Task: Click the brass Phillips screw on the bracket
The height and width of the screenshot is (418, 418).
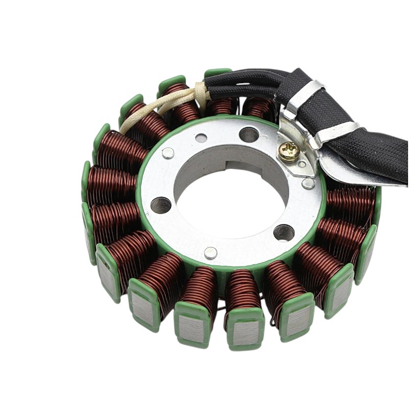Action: click(x=288, y=152)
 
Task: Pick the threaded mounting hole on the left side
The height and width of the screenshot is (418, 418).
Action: click(x=161, y=205)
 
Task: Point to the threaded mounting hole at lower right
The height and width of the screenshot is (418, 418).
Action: click(x=284, y=232)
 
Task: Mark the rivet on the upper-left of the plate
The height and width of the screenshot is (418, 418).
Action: click(x=168, y=153)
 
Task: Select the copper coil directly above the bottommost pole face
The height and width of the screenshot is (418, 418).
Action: click(x=242, y=293)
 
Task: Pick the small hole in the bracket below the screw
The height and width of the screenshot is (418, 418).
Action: click(x=301, y=165)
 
